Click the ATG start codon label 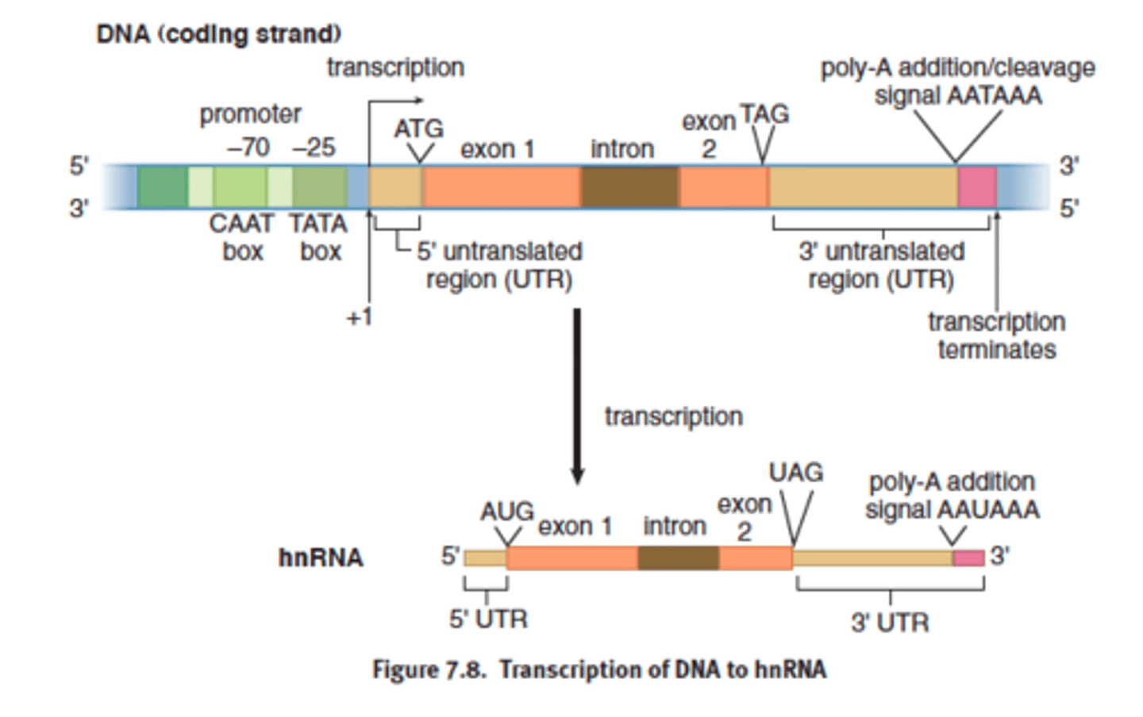click(x=418, y=128)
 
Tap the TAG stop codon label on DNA click(x=764, y=115)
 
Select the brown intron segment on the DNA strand click(x=629, y=187)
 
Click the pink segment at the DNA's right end click(x=976, y=187)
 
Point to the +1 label click(x=359, y=317)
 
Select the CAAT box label click(x=241, y=237)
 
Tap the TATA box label click(x=318, y=237)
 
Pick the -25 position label click(x=314, y=148)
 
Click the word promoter click(x=250, y=114)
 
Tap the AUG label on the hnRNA click(x=506, y=512)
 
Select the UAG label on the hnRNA click(x=795, y=473)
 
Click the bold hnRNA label click(x=321, y=558)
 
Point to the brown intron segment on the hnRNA click(x=678, y=558)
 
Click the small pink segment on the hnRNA click(x=968, y=558)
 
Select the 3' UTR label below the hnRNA click(x=889, y=623)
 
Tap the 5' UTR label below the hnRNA click(x=488, y=619)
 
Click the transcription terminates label click(x=996, y=335)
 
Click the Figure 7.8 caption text click(x=599, y=669)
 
